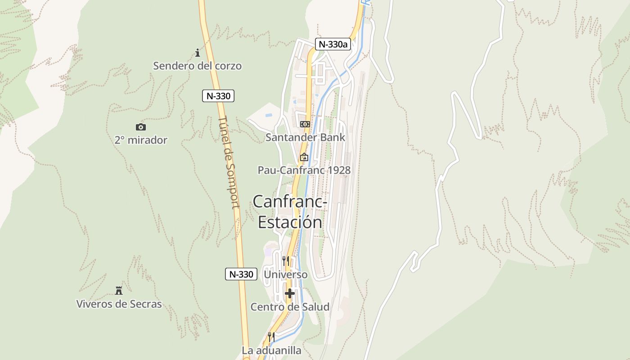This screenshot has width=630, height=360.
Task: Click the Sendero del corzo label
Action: point(197,66)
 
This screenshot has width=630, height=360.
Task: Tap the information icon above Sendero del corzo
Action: point(197,53)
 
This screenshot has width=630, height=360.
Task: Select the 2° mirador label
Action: point(141,140)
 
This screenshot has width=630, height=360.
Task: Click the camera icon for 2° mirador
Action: point(141,127)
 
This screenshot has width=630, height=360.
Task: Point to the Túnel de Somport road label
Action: point(229,162)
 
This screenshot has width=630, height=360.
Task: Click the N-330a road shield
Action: point(333,44)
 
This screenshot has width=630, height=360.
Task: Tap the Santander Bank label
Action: point(305,137)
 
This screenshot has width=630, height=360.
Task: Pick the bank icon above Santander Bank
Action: point(305,124)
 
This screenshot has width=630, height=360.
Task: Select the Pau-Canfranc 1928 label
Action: point(304,170)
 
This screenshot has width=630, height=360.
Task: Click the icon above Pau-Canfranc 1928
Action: point(304,157)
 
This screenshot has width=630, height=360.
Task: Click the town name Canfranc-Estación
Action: point(289,211)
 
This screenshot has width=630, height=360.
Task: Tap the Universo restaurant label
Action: point(286,274)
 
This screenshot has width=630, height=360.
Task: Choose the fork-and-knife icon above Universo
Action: point(286,261)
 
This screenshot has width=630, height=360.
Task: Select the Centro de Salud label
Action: point(290,307)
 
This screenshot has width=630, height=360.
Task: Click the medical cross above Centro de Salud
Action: point(290,293)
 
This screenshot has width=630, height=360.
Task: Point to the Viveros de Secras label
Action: point(119,304)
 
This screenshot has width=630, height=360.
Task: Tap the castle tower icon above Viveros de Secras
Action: point(119,290)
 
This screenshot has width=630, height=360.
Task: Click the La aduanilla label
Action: point(271,350)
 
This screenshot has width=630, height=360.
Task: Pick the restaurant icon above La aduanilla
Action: point(271,337)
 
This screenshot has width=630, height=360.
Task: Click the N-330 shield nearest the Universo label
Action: point(241,274)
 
